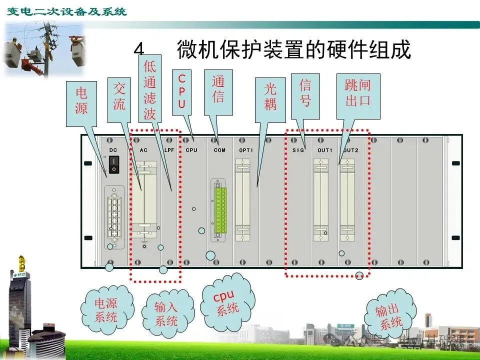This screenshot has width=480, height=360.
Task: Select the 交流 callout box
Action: (119, 97)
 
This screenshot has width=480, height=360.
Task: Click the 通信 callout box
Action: (218, 90)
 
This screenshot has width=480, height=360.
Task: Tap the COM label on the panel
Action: (219, 150)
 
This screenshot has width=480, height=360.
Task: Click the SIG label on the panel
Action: (298, 150)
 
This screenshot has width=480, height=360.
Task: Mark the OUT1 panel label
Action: (324, 150)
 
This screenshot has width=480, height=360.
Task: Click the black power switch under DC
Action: (114, 163)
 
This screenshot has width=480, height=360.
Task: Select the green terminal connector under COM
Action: (220, 209)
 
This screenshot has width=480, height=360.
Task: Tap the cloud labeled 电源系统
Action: (106, 309)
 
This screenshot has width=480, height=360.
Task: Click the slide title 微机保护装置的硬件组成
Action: (293, 50)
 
